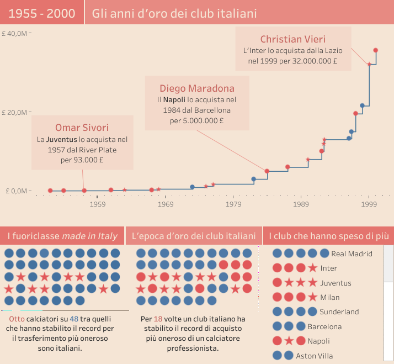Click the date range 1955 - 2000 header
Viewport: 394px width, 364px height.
(x=42, y=13)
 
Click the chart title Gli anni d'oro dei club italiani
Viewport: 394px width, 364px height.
(x=174, y=13)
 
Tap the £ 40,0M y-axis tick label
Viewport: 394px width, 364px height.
(x=14, y=33)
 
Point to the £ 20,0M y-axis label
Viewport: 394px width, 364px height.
(x=14, y=112)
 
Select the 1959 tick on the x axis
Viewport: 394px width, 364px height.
(x=98, y=204)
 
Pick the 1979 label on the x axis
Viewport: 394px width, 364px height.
(x=233, y=204)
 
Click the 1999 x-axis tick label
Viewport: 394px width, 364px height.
(x=369, y=204)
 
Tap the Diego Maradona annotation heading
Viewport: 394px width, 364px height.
(x=197, y=88)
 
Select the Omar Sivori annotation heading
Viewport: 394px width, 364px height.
(x=82, y=128)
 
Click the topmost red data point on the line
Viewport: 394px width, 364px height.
(x=376, y=50)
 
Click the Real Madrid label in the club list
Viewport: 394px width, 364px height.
(x=352, y=254)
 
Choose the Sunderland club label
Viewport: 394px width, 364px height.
(x=339, y=312)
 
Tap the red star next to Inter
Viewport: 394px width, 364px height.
(x=313, y=268)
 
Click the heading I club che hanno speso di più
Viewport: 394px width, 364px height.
(x=328, y=236)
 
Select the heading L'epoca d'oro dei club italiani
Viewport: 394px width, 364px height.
(x=194, y=236)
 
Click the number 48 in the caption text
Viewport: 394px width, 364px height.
(x=74, y=319)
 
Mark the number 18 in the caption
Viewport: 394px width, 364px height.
(x=158, y=319)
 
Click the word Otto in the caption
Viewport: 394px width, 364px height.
(x=17, y=319)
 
